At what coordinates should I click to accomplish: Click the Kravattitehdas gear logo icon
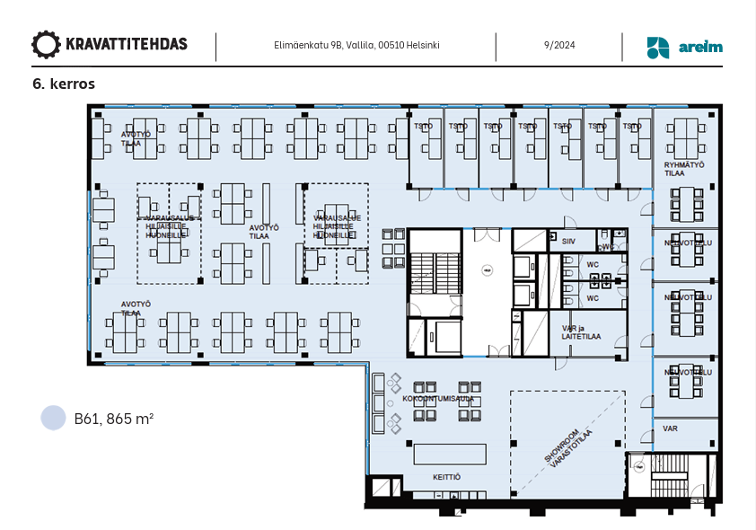click(46, 44)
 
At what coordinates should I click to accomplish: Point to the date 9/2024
click(558, 45)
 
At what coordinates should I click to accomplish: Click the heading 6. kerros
click(63, 84)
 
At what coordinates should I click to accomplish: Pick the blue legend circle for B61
click(54, 418)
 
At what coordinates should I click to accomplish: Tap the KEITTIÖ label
click(446, 477)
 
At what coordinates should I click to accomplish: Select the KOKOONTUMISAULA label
click(438, 397)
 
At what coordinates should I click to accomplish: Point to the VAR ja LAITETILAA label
click(581, 332)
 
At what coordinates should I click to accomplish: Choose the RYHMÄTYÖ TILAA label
click(684, 169)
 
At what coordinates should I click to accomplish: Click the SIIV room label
click(568, 242)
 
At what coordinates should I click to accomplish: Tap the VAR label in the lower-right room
click(670, 428)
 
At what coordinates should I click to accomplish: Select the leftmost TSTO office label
click(423, 127)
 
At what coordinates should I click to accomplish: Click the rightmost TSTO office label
click(633, 127)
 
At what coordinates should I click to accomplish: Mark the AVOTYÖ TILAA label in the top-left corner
click(131, 138)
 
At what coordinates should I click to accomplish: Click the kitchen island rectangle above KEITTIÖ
click(449, 454)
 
